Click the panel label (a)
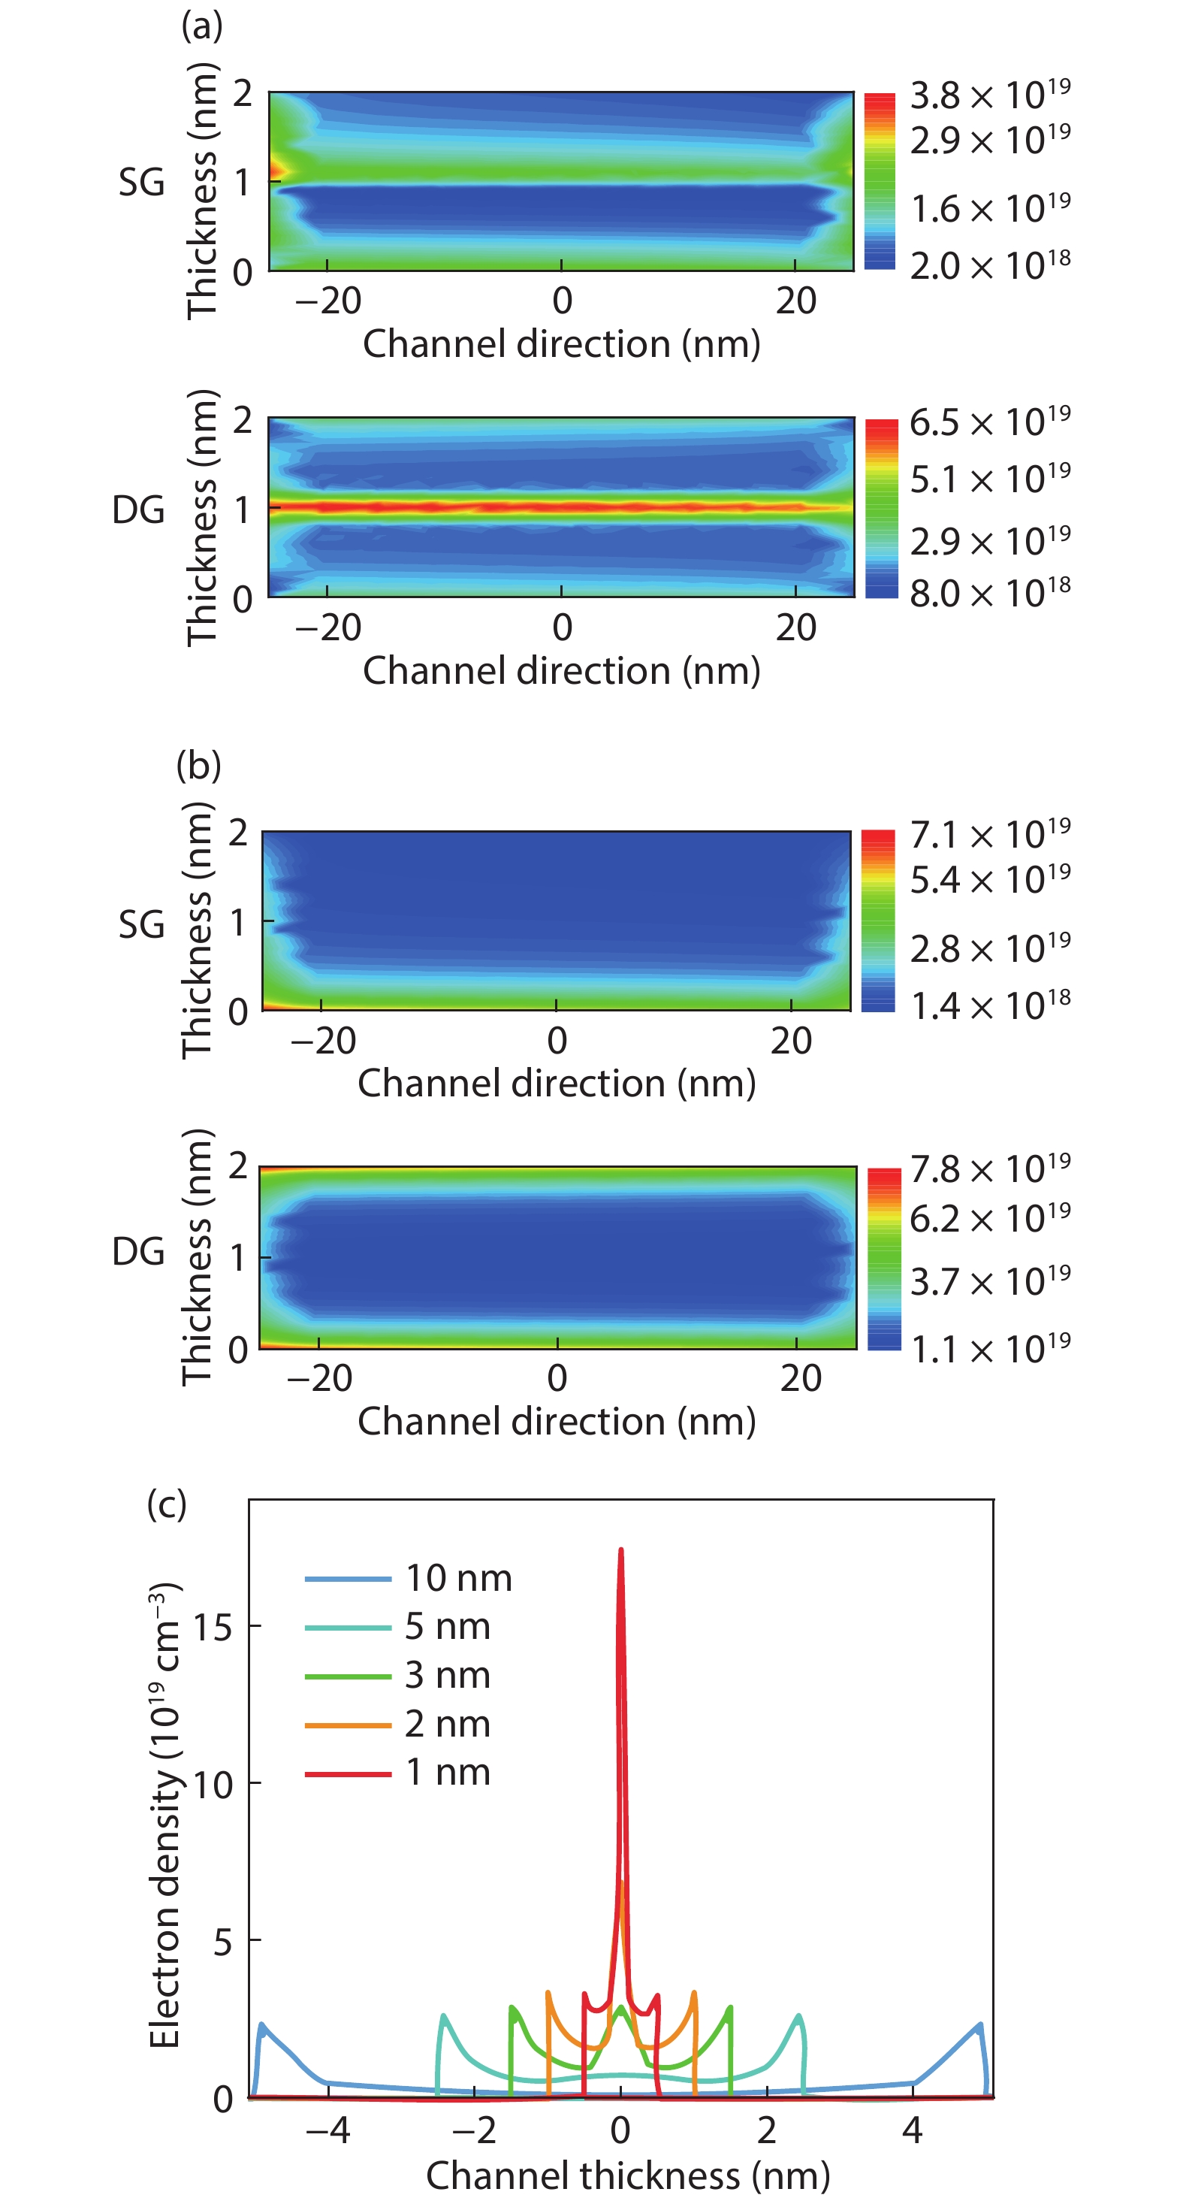click(x=202, y=26)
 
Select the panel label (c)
click(x=167, y=1503)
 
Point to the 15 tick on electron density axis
click(x=213, y=1626)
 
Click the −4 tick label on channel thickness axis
click(x=328, y=2129)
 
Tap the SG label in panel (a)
click(x=141, y=183)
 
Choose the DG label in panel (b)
click(x=137, y=1251)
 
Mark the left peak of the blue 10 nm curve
click(x=261, y=2024)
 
